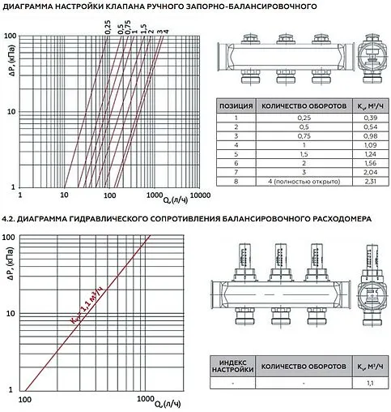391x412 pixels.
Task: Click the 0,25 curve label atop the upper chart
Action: (x=107, y=26)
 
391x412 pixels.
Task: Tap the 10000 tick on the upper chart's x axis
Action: (x=200, y=196)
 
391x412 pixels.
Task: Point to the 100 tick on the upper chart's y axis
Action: (x=11, y=36)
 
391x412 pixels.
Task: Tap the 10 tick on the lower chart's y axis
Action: (x=13, y=312)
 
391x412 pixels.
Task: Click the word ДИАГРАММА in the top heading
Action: (x=32, y=6)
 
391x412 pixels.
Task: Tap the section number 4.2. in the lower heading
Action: (x=8, y=219)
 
